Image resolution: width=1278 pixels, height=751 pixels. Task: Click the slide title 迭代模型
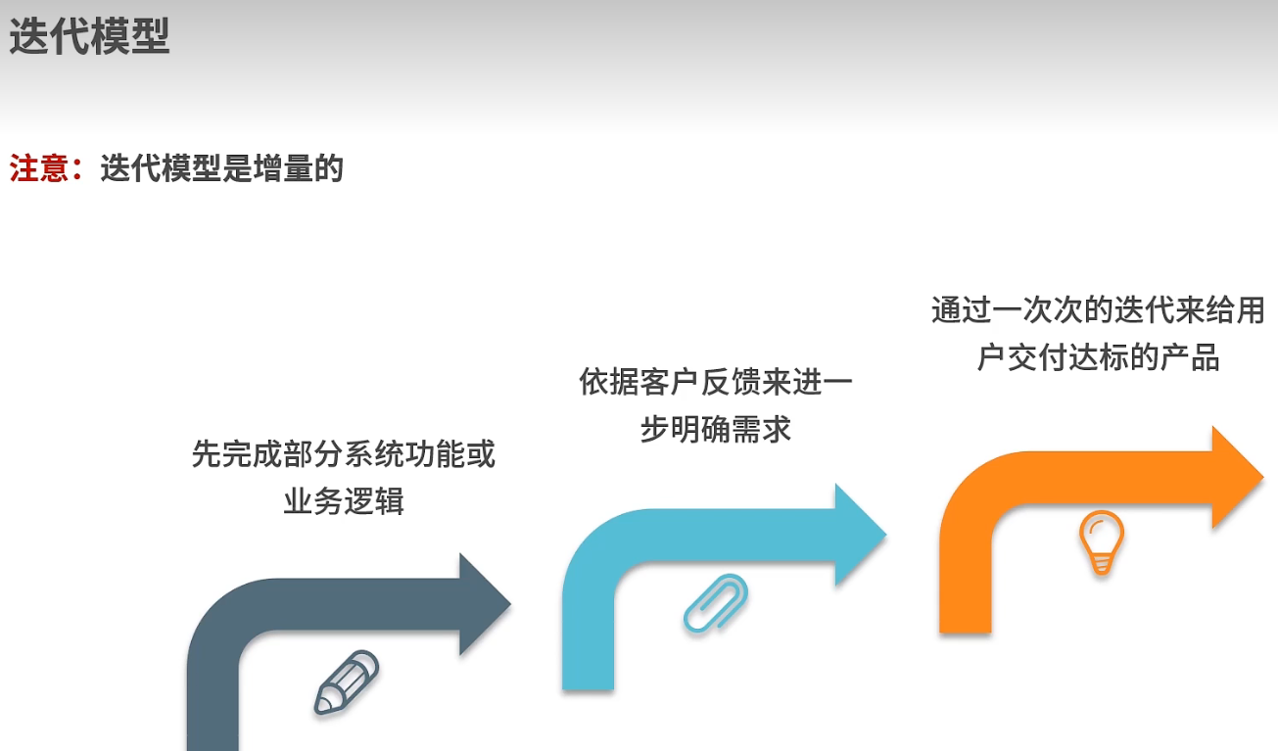pos(90,37)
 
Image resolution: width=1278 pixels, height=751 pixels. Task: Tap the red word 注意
pos(39,168)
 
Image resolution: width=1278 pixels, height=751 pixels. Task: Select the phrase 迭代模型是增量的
pos(221,168)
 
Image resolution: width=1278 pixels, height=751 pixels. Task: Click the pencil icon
pos(346,682)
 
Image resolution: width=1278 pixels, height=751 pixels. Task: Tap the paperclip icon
pos(716,602)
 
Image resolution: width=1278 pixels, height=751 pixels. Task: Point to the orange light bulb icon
pos(1101,542)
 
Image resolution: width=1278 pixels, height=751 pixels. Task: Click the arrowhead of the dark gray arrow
pos(484,603)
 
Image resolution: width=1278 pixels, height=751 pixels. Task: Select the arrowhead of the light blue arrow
pos(859,535)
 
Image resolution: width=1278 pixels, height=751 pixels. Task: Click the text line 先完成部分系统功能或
pos(344,455)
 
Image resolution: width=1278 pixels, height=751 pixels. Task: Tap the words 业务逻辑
pos(344,501)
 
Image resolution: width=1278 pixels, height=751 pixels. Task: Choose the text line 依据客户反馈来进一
pos(716,382)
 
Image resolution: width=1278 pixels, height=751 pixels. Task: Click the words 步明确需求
pos(716,429)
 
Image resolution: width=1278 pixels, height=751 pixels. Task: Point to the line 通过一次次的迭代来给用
pos(1098,311)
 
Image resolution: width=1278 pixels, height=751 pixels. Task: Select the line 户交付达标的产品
pos(1098,358)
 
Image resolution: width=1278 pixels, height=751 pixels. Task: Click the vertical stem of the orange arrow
pos(966,587)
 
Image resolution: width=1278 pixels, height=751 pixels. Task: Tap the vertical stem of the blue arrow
pos(589,646)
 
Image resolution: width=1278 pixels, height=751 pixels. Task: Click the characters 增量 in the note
pos(284,168)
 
